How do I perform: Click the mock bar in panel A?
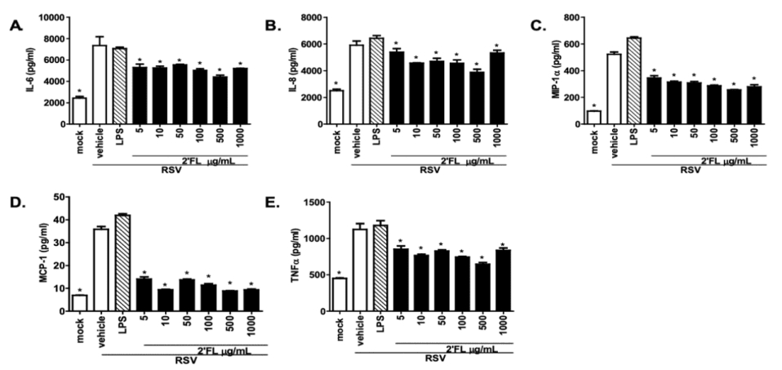78,110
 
